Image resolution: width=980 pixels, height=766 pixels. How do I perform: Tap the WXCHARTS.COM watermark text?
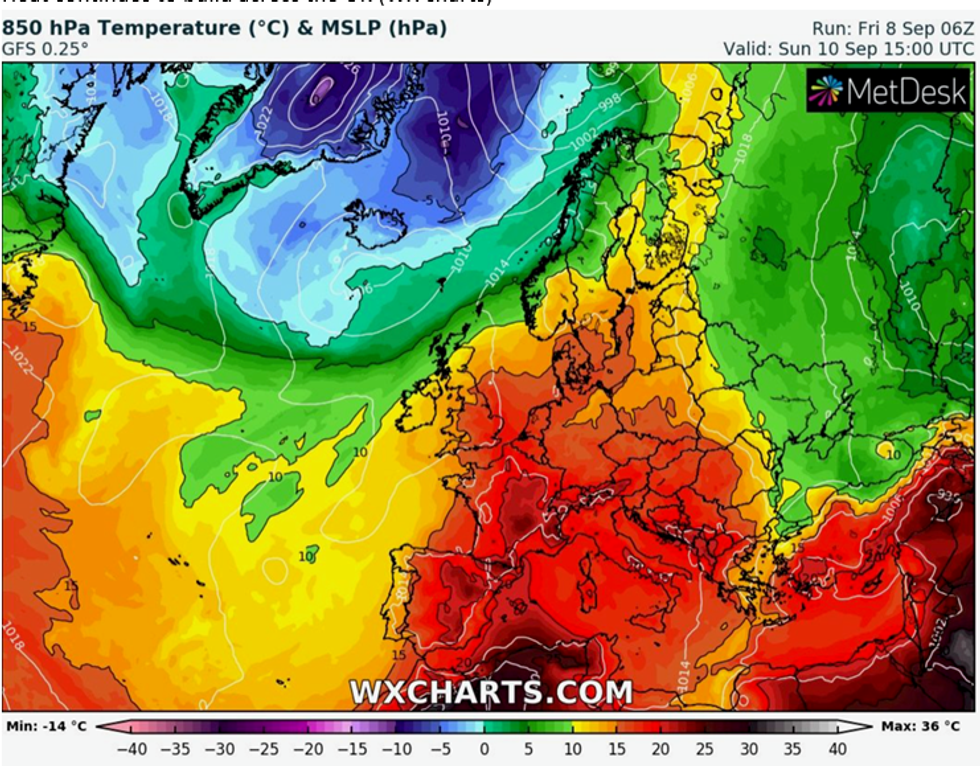click(x=490, y=691)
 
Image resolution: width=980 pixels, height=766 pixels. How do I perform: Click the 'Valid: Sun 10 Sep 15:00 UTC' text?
click(x=849, y=48)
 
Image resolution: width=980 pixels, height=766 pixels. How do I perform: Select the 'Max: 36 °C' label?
click(x=926, y=724)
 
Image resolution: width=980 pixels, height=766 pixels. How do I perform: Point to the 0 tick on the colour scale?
click(x=485, y=748)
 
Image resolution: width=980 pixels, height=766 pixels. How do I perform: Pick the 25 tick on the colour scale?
click(x=705, y=748)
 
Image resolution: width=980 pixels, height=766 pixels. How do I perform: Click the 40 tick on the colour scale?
click(x=837, y=748)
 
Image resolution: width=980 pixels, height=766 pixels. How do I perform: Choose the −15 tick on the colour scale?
click(x=352, y=748)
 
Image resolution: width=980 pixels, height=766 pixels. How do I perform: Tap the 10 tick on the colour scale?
click(x=573, y=748)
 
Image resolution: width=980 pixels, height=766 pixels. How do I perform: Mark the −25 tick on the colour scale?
click(x=264, y=748)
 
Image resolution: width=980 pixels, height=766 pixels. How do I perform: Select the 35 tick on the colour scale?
click(x=793, y=748)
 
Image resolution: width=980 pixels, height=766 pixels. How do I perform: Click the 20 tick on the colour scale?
click(x=661, y=748)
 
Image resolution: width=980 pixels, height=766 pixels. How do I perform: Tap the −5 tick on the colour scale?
click(x=440, y=748)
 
